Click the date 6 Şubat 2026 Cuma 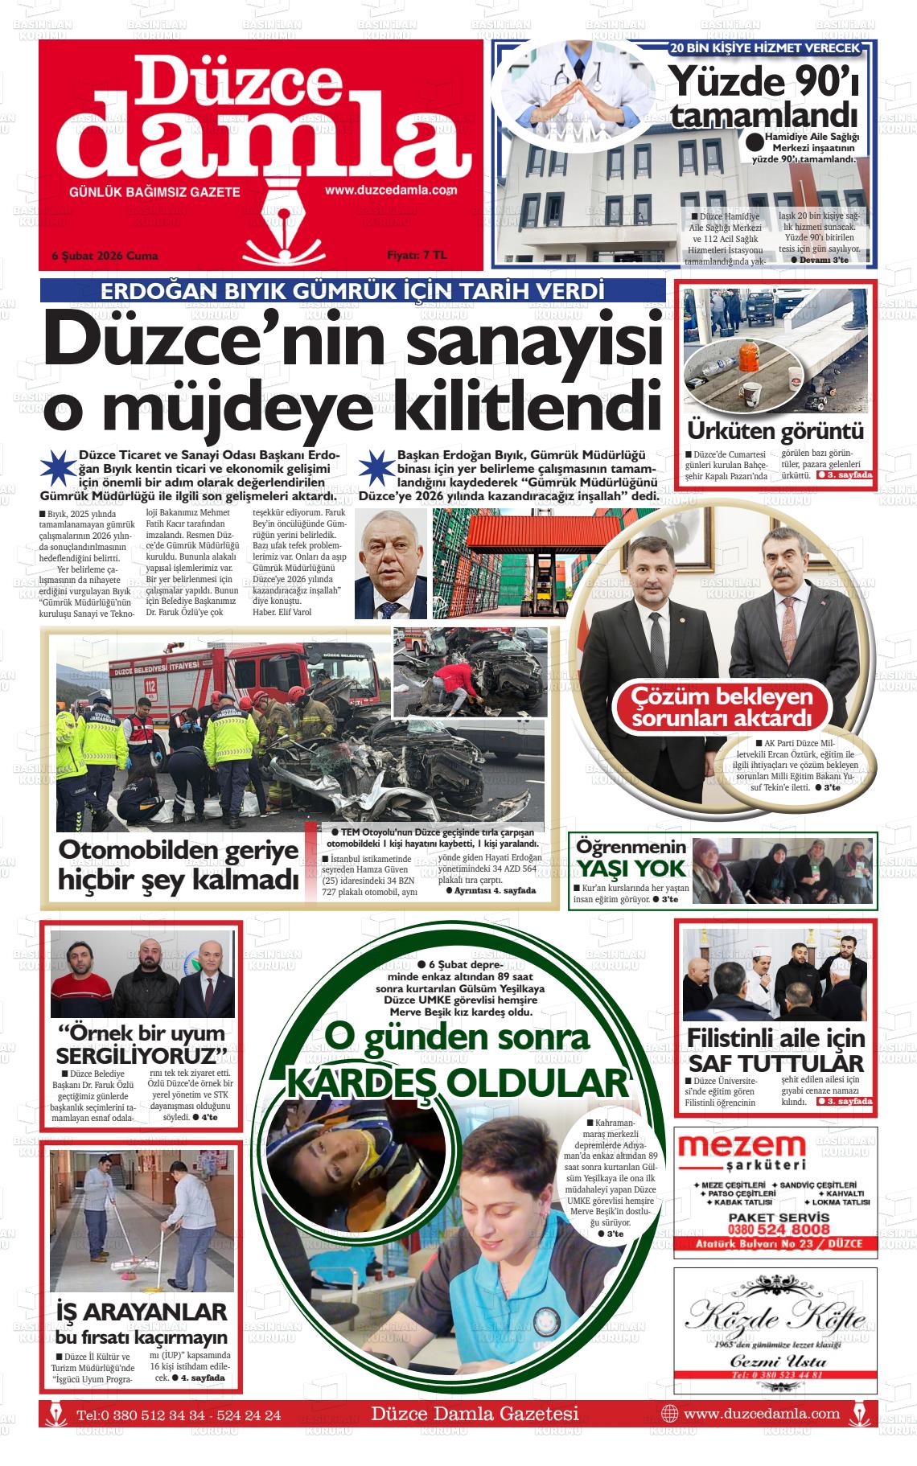click(105, 256)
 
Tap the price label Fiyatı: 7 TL click(416, 255)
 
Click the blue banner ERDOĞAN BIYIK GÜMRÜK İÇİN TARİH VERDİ click(352, 291)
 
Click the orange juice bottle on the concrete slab click(750, 354)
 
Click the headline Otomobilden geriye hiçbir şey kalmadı click(179, 864)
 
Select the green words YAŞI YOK click(631, 868)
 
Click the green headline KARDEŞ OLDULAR click(457, 1082)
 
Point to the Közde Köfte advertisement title click(775, 1316)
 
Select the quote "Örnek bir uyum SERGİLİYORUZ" click(142, 1043)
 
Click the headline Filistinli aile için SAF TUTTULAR click(775, 1049)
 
